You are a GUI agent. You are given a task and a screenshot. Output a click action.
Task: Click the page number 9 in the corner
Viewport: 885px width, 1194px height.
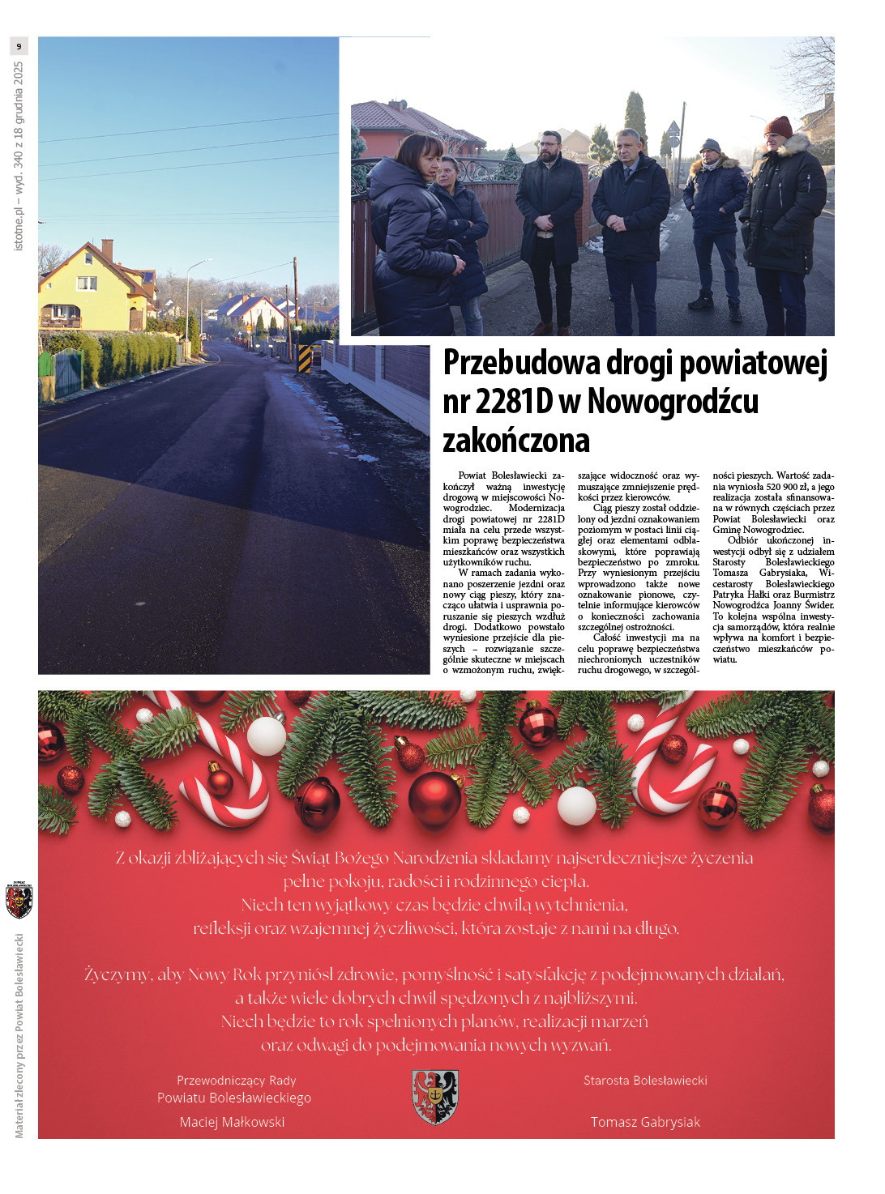[19, 46]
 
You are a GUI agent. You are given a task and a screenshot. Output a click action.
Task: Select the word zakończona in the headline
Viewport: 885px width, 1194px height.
[516, 441]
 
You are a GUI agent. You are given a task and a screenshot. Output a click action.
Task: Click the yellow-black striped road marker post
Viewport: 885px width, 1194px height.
[305, 357]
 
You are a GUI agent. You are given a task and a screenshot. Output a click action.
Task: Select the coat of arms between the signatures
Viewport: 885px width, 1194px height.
[435, 1096]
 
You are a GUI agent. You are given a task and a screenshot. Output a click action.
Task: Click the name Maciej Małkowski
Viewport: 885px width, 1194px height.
[232, 1122]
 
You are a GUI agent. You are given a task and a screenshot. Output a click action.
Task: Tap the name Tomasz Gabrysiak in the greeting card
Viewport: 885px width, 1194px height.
[645, 1122]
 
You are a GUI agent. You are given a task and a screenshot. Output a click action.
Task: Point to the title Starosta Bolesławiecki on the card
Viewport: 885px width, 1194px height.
[645, 1081]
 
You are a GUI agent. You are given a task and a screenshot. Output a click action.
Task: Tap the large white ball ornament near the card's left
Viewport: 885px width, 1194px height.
[266, 736]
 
